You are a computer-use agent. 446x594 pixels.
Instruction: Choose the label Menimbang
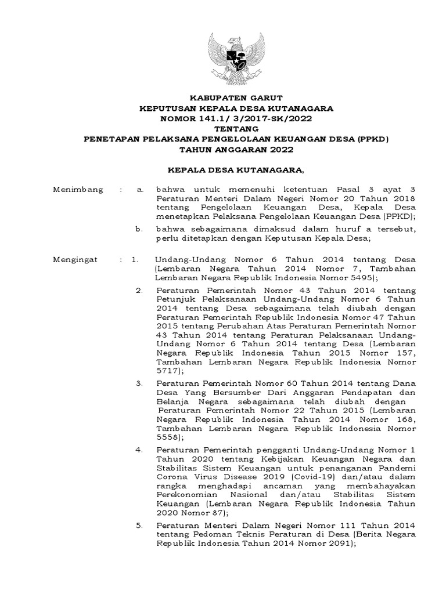78,190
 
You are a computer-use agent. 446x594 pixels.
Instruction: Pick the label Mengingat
75,260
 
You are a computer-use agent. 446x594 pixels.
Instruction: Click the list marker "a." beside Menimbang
139,190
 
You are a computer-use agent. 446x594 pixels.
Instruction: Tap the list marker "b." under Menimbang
139,229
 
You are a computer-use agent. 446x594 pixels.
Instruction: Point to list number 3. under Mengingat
139,383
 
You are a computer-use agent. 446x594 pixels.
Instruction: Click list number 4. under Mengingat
139,450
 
